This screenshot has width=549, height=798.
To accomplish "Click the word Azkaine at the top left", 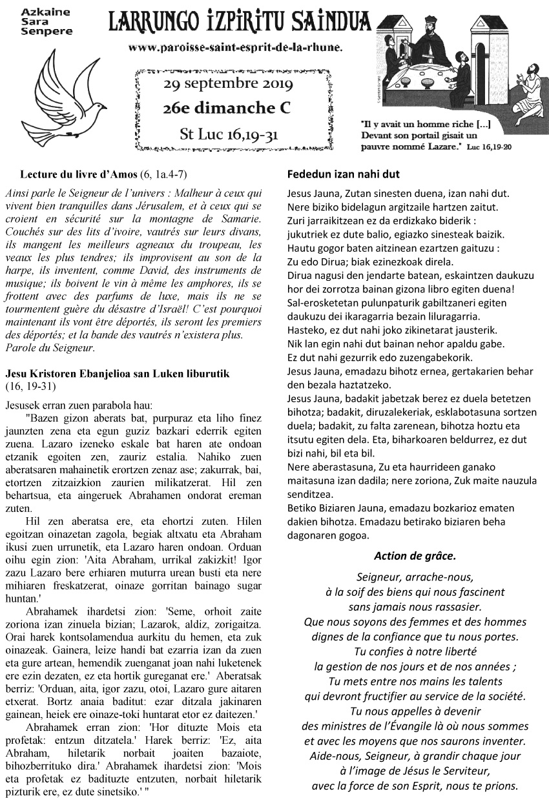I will click(37, 12).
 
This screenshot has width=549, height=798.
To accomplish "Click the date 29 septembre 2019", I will click(228, 85).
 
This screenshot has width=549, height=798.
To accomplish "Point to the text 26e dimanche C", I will click(228, 108).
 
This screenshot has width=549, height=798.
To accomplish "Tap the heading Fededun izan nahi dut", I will click(343, 174).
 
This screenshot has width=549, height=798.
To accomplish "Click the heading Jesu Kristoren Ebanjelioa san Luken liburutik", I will click(117, 374).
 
